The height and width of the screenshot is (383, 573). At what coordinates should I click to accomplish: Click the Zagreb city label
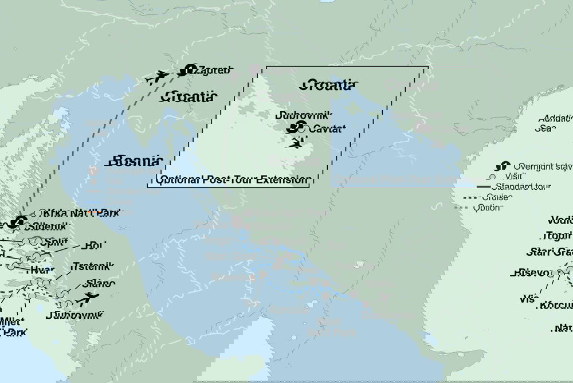213,71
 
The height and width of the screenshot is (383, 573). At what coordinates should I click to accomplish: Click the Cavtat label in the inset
326,129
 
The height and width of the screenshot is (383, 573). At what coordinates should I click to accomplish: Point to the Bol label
92,246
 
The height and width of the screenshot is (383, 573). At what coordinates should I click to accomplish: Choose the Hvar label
44,269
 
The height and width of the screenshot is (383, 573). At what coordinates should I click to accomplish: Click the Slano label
99,284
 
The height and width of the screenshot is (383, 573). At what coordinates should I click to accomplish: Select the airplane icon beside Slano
88,297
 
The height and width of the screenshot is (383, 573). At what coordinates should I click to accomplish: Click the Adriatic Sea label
554,123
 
